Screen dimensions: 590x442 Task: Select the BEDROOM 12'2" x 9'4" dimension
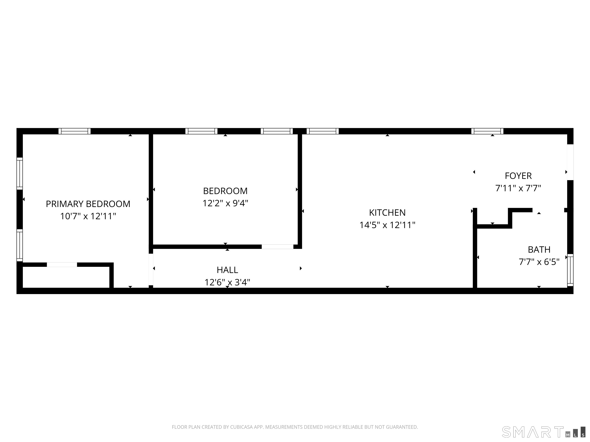click(225, 203)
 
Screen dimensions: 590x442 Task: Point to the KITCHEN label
click(387, 213)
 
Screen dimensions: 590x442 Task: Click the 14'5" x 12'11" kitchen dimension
click(387, 225)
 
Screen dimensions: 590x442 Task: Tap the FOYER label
click(518, 176)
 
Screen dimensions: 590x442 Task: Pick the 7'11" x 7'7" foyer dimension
click(518, 188)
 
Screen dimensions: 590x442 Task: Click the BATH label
click(539, 250)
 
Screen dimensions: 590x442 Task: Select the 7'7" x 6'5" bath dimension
click(539, 262)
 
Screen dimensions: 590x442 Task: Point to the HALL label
click(227, 270)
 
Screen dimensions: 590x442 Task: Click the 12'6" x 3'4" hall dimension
click(227, 282)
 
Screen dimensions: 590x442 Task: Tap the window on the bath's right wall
click(570, 270)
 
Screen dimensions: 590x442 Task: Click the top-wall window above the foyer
click(487, 131)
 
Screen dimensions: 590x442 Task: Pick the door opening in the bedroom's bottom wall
click(277, 247)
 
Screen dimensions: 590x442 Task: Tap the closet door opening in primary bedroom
click(62, 265)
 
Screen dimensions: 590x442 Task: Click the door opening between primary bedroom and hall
click(151, 269)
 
